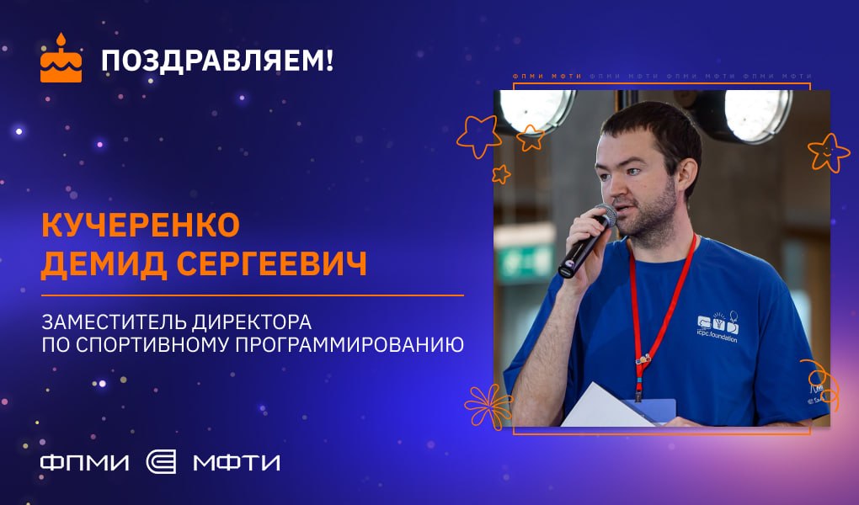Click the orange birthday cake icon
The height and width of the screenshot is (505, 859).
(61, 59)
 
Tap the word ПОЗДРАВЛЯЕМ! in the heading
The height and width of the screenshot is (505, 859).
(217, 61)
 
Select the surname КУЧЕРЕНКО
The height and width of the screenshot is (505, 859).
(141, 225)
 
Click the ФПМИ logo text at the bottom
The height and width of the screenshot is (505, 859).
(85, 463)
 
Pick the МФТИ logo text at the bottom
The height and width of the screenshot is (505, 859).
(237, 463)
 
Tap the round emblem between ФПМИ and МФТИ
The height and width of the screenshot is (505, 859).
(161, 462)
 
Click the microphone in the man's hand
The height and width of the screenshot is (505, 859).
(587, 241)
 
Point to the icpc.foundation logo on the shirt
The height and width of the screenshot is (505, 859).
(718, 327)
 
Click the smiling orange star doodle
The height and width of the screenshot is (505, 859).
(829, 152)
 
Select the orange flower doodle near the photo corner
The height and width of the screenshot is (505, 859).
(488, 406)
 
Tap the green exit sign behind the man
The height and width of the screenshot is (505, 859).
(525, 260)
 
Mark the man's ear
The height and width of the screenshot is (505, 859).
(686, 173)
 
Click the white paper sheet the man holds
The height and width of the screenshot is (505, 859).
(604, 407)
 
